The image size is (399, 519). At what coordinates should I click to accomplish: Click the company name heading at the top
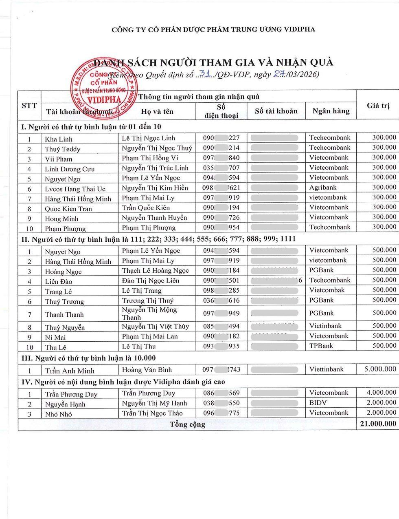coord(213,29)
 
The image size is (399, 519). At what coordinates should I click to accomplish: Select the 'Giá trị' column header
coord(378,106)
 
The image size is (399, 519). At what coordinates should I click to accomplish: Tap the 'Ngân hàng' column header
coord(331,111)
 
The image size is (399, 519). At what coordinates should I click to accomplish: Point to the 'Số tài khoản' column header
coord(276,111)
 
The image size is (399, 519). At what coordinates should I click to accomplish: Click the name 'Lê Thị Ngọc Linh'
coord(149,138)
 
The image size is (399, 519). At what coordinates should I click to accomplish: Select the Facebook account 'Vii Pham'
coord(59,159)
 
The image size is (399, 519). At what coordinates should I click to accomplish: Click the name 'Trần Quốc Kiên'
coord(146,208)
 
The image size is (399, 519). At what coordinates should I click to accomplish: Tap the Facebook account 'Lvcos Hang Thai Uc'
coord(75,189)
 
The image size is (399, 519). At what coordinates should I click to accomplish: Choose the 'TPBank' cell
coord(321,346)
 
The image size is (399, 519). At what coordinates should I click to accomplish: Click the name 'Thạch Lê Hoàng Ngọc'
coord(155,270)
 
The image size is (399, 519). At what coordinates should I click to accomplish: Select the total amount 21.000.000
coord(378,424)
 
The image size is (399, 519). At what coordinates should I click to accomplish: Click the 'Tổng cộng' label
coord(187,424)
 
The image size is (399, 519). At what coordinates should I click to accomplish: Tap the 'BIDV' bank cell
coord(318,403)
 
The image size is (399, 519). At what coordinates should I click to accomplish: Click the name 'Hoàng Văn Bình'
coord(147,370)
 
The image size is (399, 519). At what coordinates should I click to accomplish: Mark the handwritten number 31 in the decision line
coord(206,73)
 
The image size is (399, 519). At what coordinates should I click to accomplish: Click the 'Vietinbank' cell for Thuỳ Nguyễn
coord(325,326)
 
